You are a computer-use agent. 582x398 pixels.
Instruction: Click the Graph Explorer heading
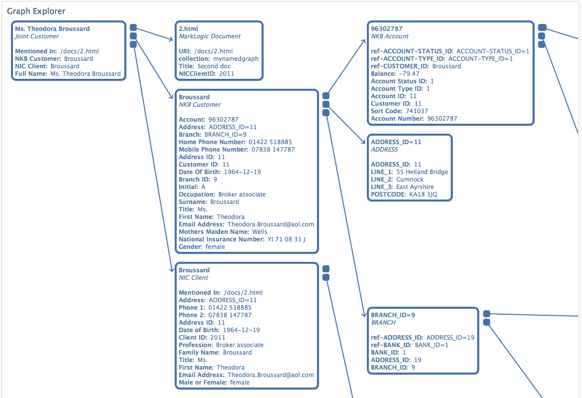tap(36, 11)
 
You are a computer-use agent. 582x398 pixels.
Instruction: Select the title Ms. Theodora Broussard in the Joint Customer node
tap(52, 29)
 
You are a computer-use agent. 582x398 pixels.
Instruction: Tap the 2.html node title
tap(188, 29)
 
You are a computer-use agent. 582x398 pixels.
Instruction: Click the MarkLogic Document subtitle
tap(210, 36)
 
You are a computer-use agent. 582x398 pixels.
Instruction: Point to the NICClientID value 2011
tap(226, 74)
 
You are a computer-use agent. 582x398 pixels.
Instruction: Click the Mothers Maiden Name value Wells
tap(259, 232)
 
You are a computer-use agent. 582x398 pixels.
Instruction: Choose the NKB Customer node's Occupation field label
tap(197, 195)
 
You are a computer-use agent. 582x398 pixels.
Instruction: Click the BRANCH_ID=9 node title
tap(393, 315)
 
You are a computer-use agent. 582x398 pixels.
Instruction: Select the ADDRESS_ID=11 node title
tap(396, 142)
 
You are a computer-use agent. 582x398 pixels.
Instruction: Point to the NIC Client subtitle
tap(194, 278)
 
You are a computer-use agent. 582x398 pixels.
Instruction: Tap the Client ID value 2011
tap(218, 338)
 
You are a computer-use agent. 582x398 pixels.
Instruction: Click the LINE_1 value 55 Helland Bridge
tap(422, 172)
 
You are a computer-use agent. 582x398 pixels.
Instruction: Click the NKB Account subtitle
tap(389, 36)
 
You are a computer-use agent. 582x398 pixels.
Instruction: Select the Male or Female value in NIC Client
tap(240, 383)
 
